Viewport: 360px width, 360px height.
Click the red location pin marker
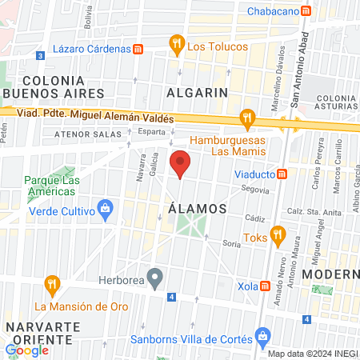[181, 163]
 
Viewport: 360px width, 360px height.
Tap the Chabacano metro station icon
[306, 11]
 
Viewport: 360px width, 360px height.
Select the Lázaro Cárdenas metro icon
[138, 48]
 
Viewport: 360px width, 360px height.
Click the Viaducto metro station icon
[282, 174]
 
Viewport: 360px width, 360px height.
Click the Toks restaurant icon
[278, 234]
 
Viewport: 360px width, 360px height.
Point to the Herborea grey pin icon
[156, 279]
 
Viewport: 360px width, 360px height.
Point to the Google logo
[26, 350]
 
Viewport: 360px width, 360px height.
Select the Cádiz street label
[255, 218]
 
